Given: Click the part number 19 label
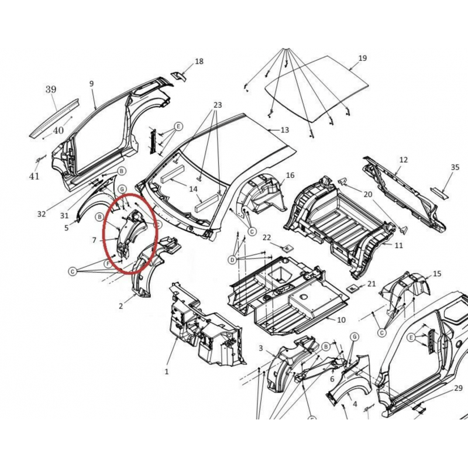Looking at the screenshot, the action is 362,58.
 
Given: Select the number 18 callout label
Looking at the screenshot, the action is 199,61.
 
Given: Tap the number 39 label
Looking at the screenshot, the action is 51,90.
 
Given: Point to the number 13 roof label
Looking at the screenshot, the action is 285,130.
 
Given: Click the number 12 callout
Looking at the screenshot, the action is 403,160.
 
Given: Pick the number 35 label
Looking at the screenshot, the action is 455,167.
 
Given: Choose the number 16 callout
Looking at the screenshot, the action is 290,175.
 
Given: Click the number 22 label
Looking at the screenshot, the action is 267,238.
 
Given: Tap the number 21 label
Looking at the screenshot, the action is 371,284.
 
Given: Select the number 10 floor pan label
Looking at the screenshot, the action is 341,320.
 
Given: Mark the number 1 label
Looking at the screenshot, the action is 167,372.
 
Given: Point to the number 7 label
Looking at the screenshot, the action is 94,240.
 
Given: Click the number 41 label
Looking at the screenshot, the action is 35,177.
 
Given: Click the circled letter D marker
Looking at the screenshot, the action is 232,260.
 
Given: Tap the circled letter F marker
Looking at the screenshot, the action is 108,264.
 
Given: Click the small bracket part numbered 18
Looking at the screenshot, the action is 178,76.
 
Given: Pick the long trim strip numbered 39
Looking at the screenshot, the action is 54,118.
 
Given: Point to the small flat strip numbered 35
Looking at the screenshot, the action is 439,194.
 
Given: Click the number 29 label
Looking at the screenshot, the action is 458,388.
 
